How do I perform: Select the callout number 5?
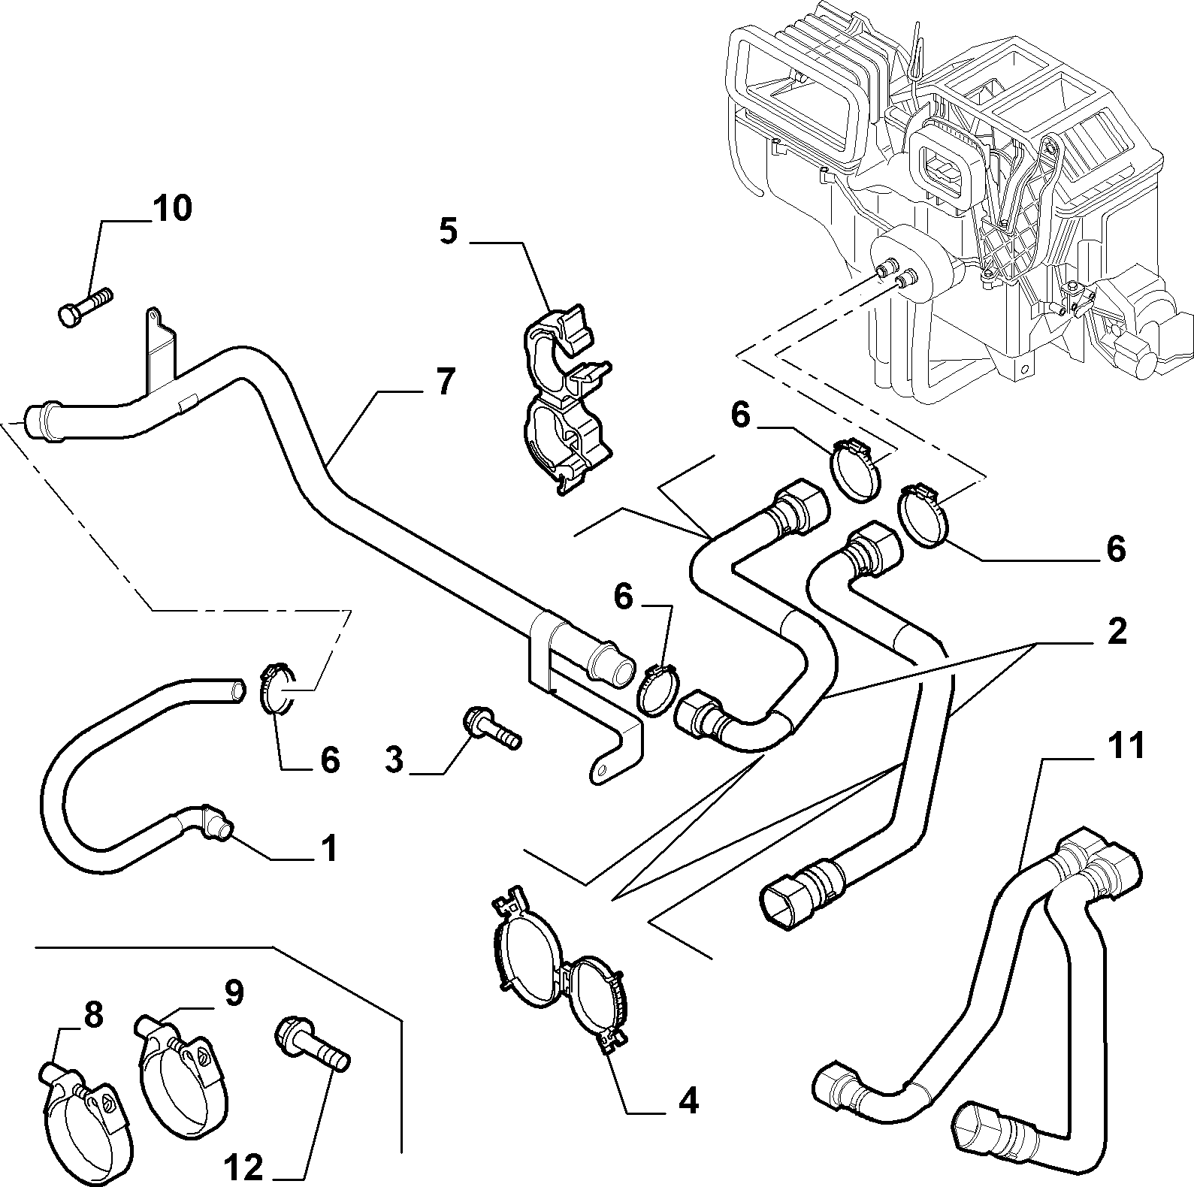tap(448, 231)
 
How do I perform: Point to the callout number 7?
tap(445, 382)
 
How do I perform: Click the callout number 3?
tap(394, 760)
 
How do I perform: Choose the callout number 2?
tap(1117, 631)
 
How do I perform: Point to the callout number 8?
tap(92, 1016)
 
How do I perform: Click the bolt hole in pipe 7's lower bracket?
tap(601, 769)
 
